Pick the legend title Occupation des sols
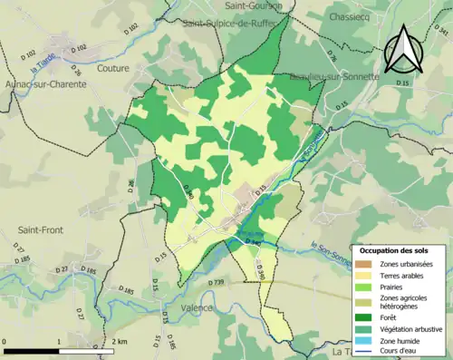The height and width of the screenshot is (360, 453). click(x=400, y=249)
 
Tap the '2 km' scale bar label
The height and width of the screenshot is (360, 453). click(x=121, y=342)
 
